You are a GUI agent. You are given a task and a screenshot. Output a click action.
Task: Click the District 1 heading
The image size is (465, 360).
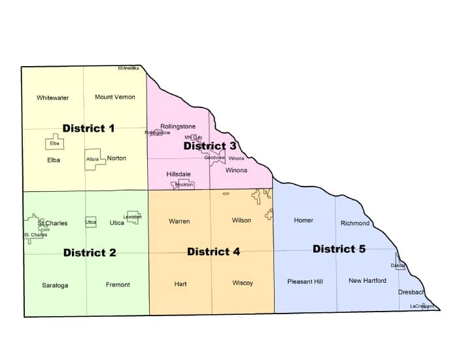pos(88,128)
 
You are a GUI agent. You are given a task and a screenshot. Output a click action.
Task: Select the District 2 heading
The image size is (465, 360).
pos(90,253)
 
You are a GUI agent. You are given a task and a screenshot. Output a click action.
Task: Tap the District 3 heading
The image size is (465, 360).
pos(209,146)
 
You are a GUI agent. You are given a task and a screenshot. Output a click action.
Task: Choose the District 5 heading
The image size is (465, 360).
pos(339,249)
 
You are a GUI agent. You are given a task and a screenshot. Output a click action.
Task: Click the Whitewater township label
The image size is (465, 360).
pos(52,98)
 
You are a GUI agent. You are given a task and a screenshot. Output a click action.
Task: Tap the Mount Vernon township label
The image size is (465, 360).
pos(115,98)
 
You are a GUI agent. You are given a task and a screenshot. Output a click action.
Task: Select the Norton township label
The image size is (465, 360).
pos(116,158)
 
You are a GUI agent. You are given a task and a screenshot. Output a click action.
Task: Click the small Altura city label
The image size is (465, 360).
pos(92,159)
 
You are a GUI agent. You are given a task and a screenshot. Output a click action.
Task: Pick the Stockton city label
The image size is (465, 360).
pos(184,185)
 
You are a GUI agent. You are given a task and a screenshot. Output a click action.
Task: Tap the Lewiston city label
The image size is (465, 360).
pos(132,217)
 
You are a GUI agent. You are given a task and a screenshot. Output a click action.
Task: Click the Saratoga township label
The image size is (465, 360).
pos(55,285)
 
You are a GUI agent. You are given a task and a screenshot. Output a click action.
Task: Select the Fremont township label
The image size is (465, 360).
pos(118,285)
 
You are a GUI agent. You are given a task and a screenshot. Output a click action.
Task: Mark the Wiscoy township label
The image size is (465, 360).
pos(243,283)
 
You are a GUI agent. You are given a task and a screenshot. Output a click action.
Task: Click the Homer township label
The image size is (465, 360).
pos(303,221)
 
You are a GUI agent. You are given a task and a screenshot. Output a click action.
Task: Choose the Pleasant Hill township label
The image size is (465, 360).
pos(305,281)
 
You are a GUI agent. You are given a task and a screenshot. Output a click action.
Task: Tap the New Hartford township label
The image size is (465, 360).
pos(367,281)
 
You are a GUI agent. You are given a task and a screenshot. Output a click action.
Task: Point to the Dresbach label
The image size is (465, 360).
pos(411,293)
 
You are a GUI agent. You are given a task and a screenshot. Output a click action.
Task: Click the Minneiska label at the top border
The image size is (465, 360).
pos(128,68)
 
